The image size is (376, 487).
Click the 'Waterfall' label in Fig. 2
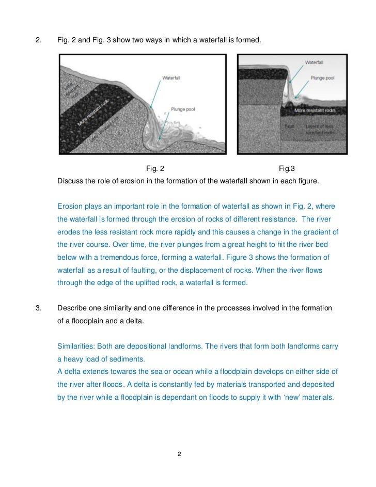[171, 78]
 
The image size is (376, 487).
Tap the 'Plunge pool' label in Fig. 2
[183, 109]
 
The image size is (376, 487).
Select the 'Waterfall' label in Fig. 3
[314, 62]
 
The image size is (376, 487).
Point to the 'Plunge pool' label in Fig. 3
[324, 78]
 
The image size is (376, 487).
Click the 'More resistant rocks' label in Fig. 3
[315, 111]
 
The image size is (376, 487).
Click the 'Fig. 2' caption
[155, 168]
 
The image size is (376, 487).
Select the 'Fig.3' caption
[287, 168]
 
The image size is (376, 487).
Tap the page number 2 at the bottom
[179, 454]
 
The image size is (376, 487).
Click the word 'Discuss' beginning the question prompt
[70, 181]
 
